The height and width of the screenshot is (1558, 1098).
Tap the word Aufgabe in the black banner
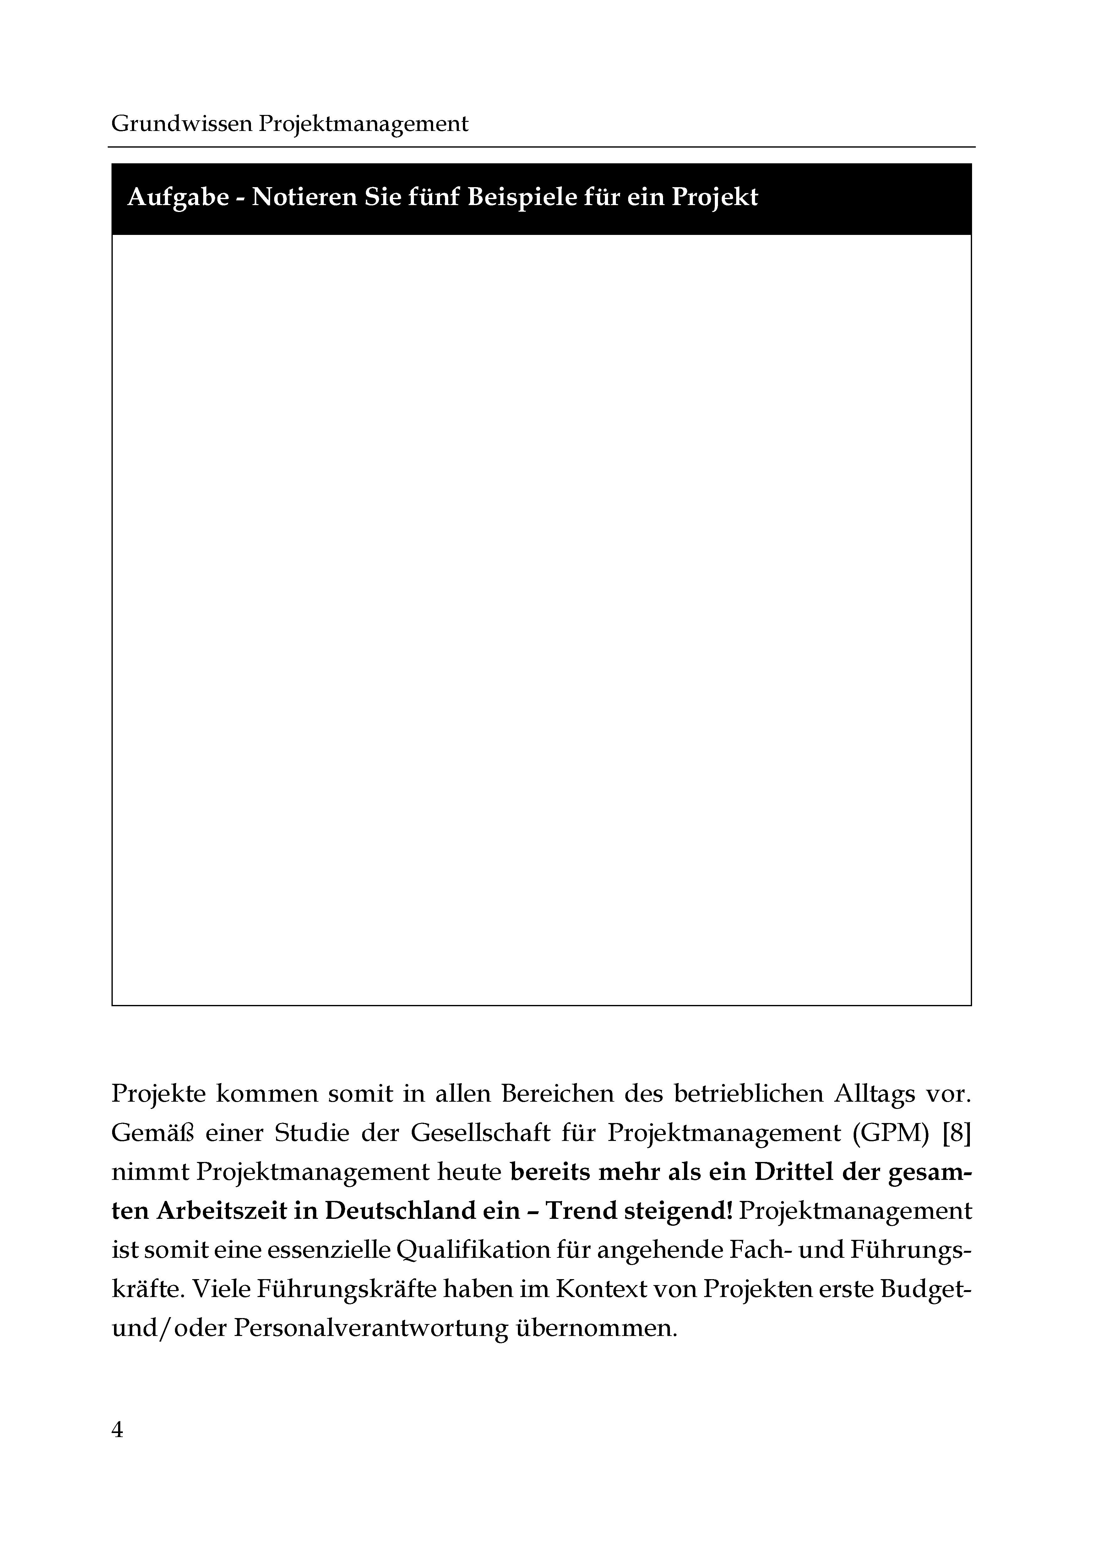[178, 198]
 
